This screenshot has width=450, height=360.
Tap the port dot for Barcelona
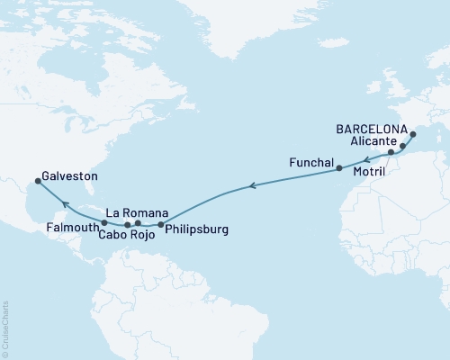tap(414, 134)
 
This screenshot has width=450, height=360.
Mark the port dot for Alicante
tap(403, 145)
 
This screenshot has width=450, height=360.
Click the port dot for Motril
tap(391, 154)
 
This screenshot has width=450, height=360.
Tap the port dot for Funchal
tap(338, 168)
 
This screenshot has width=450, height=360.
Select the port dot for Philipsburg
tap(161, 224)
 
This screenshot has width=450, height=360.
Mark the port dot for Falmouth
tap(104, 222)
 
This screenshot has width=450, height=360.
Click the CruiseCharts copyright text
tap(5, 328)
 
